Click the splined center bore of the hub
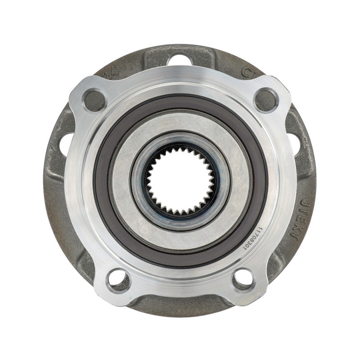[x=180, y=180]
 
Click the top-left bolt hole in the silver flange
[x=94, y=99]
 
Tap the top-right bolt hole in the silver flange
[x=265, y=99]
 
